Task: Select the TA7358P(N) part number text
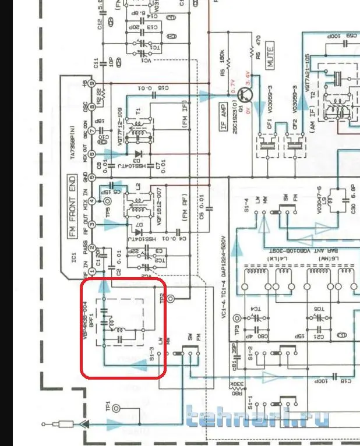(x=72, y=143)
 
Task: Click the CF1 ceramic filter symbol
(x=268, y=143)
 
